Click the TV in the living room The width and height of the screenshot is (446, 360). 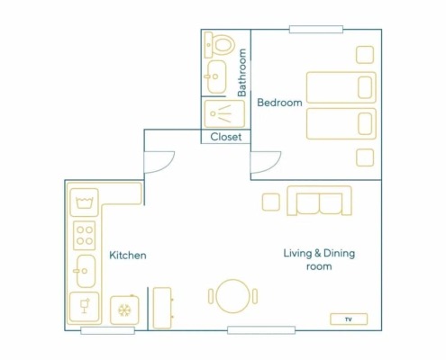coord(349,319)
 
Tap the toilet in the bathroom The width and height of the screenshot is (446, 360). coord(219,45)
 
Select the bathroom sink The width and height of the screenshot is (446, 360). coord(216,76)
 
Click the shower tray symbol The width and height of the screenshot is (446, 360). coord(224,114)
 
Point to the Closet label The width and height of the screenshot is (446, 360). coord(226,137)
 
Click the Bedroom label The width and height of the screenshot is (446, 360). coord(279,103)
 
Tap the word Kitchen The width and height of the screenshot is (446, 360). coord(128,256)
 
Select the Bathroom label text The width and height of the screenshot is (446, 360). coord(241,73)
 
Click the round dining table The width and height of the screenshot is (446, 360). coord(233,296)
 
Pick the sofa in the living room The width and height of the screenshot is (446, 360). coord(319,201)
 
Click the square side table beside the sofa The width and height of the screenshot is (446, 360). coord(271,202)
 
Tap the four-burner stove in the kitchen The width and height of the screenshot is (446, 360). coord(85,236)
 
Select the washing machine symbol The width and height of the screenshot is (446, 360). coord(85,202)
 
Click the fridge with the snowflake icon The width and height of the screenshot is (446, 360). coord(124,310)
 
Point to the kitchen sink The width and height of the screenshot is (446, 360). coord(86,271)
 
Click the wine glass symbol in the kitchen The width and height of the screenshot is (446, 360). coord(85,307)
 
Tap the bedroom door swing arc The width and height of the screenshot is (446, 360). coord(272,166)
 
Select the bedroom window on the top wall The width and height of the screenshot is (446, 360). coord(316,30)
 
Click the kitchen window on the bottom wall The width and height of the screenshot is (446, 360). coord(107,330)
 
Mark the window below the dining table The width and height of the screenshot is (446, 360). coord(261,330)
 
